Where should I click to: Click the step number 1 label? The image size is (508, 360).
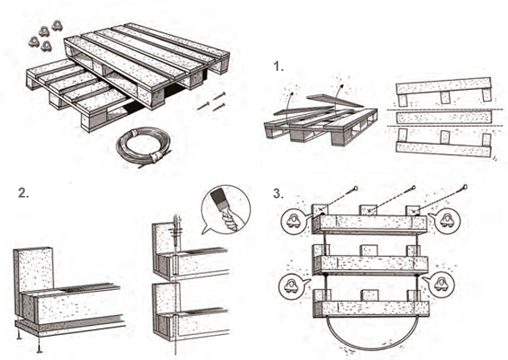click(278, 67)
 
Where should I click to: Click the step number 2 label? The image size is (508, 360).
click(23, 193)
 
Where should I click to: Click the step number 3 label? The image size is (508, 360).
click(278, 193)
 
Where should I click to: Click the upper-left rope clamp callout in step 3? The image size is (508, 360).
click(294, 220)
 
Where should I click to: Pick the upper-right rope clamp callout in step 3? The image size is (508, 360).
click(447, 221)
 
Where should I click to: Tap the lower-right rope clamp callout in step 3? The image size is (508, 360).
click(441, 284)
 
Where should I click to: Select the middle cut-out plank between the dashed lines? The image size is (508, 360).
click(444, 117)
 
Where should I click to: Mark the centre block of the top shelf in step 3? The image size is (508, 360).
click(368, 210)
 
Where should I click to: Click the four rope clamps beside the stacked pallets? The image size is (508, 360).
click(45, 36)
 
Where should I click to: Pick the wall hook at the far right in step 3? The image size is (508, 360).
click(466, 187)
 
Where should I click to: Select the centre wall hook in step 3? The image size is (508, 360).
click(413, 187)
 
